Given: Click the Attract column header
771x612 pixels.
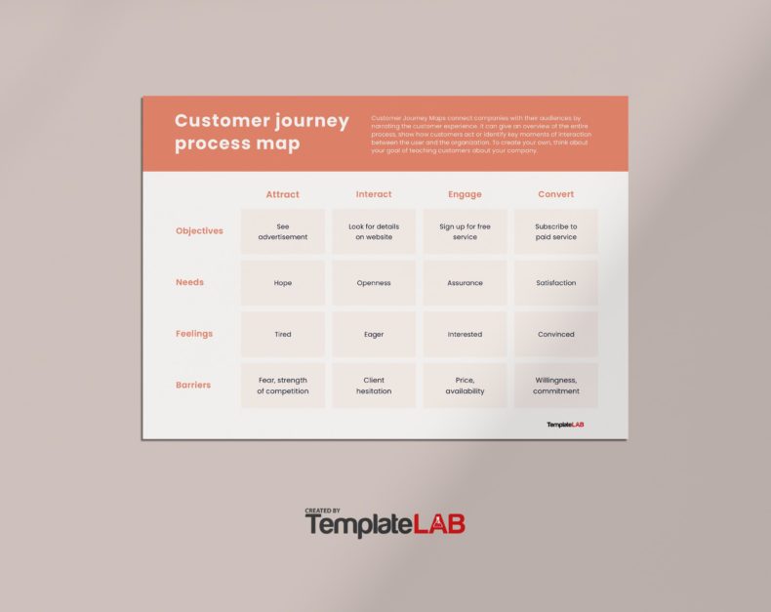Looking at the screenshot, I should (x=283, y=194).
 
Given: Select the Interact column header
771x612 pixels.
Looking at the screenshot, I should (x=374, y=194).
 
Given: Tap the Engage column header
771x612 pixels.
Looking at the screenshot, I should (x=465, y=194).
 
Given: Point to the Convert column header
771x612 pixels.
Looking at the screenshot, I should (x=556, y=194).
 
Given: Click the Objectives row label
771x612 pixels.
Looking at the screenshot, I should (x=199, y=231).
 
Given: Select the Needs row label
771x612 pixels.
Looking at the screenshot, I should (x=189, y=282).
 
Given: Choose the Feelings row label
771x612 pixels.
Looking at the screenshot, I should (x=194, y=334).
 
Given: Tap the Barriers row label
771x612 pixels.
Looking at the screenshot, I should (x=193, y=385).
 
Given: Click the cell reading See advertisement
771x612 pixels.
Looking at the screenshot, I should (x=283, y=231).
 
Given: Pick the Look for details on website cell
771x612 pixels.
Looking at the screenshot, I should (x=374, y=231).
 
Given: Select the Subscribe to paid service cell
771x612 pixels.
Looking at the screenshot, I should (x=556, y=231).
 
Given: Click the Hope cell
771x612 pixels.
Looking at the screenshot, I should (x=283, y=283).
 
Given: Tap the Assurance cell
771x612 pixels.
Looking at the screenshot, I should (x=465, y=283).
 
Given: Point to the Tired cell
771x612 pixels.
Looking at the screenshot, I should (x=283, y=334).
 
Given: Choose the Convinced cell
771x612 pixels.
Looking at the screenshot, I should (x=556, y=334).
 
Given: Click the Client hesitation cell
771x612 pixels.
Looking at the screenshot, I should (x=374, y=386).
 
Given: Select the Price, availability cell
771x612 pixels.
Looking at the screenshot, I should (x=465, y=386).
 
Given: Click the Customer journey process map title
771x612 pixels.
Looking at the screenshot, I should (x=262, y=132).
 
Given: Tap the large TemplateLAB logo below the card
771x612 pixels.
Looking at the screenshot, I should (x=386, y=523).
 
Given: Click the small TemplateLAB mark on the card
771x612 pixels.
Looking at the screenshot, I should (x=565, y=425).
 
